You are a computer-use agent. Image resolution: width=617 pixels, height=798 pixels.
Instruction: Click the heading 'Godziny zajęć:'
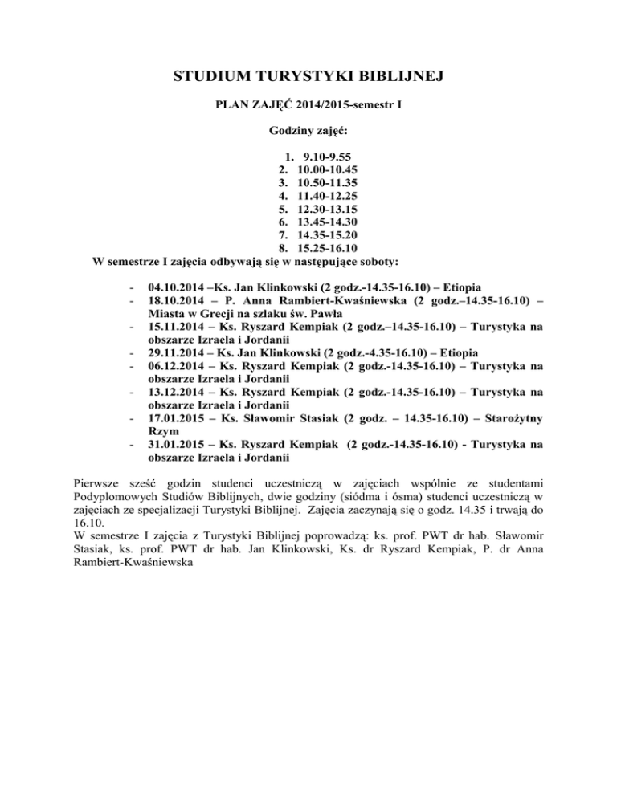point(308,128)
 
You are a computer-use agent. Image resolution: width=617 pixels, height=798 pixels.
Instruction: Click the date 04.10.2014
point(178,287)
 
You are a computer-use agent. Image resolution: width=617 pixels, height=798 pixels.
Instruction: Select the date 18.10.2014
point(178,299)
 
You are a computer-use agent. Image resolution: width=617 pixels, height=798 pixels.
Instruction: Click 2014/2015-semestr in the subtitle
point(338,104)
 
